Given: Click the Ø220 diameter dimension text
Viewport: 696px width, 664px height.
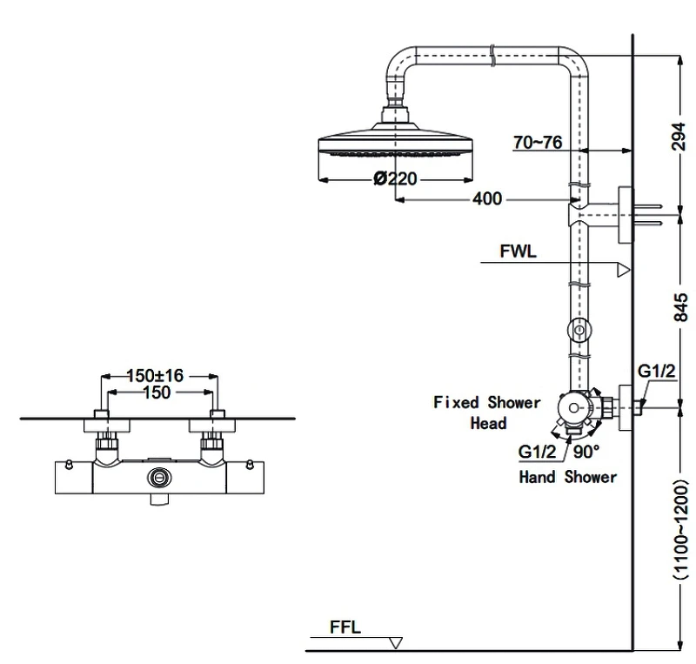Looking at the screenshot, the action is (395, 178).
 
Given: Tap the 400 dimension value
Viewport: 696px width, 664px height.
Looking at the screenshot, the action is (487, 198).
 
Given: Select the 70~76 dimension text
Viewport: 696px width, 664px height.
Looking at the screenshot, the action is (538, 142).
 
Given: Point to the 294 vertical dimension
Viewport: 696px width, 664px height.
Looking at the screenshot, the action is (679, 137).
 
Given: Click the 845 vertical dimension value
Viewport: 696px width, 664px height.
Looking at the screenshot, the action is (680, 307).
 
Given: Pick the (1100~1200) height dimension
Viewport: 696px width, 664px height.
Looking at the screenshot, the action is (680, 529).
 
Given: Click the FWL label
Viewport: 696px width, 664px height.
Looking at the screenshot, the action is (518, 252).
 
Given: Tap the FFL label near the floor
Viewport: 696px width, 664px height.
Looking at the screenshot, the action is (345, 627).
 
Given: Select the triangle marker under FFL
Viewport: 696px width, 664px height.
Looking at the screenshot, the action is (395, 643).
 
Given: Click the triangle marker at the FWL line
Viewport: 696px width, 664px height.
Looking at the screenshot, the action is (624, 270).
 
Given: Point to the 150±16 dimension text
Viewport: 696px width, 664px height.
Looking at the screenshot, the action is (155, 376).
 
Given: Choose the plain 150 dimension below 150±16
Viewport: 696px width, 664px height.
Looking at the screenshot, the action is (157, 392).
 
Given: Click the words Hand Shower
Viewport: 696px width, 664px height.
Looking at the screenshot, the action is (568, 477).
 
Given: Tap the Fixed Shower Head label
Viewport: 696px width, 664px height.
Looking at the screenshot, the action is (487, 412).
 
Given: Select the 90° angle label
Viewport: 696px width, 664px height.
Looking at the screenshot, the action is (586, 452).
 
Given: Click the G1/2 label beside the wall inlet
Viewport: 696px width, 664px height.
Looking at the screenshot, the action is (656, 371).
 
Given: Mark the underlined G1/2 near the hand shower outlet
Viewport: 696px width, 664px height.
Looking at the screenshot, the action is (537, 452).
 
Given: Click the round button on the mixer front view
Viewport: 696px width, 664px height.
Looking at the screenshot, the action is (159, 478).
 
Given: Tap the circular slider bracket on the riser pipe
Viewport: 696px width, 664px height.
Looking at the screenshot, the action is (579, 330).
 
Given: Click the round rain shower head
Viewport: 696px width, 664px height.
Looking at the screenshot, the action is (395, 139).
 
